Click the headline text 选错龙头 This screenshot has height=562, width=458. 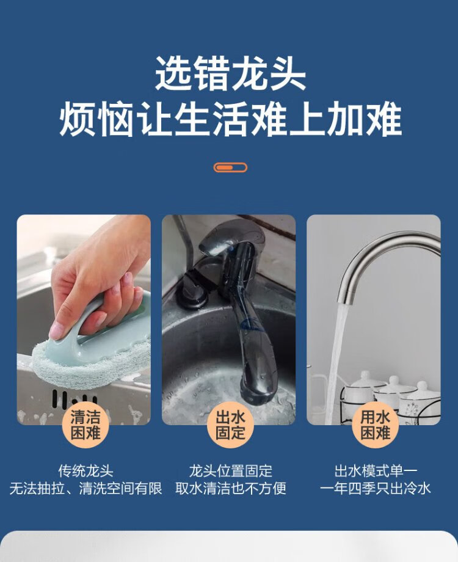click(230, 73)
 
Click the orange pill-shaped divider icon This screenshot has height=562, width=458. click(230, 167)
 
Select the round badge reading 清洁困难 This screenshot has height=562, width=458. click(85, 425)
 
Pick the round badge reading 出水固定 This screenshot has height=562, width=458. click(230, 425)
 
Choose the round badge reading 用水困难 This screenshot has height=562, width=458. click(375, 425)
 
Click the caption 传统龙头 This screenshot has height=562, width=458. click(85, 471)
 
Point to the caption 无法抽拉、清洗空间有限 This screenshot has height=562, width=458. click(85, 488)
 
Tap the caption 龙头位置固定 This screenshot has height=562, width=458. click(230, 471)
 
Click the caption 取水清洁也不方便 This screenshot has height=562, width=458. click(230, 488)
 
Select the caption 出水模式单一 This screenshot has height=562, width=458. click(375, 471)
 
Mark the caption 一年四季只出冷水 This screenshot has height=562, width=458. click(375, 488)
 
